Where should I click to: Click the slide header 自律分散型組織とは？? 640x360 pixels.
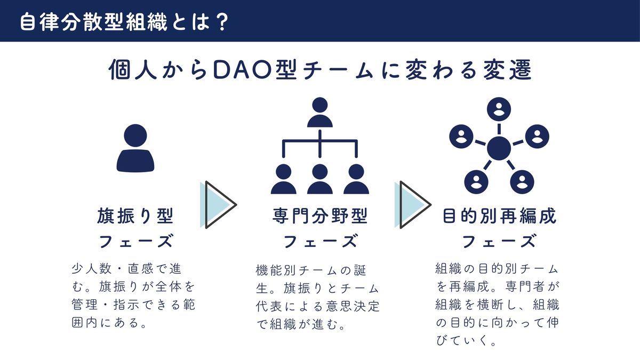click(124, 21)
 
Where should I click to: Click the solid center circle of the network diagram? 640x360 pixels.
click(499, 148)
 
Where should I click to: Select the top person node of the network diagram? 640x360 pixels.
click(499, 109)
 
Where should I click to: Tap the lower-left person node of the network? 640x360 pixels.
click(476, 181)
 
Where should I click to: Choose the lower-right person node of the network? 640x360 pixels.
click(522, 181)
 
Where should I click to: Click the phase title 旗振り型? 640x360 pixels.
click(135, 217)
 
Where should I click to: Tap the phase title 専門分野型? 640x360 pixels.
click(319, 217)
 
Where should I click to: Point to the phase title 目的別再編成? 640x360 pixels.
click(499, 217)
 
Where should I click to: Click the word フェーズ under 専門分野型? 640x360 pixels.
click(319, 242)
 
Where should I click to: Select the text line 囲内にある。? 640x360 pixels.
click(109, 323)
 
